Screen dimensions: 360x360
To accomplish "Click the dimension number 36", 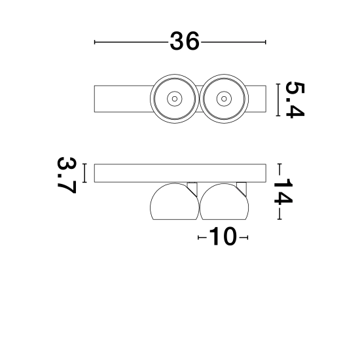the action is click(185, 41).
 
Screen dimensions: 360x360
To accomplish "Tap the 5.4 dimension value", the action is click(295, 100).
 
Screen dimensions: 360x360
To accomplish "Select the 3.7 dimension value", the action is click(67, 175).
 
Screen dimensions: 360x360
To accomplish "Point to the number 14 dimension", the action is click(283, 191).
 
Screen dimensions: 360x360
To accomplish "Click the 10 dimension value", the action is click(223, 236).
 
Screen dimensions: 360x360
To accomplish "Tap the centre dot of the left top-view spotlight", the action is click(175, 99).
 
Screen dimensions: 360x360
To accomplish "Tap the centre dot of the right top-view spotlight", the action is click(224, 99).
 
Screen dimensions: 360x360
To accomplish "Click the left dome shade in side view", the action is click(175, 202).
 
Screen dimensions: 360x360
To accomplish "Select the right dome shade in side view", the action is click(224, 202).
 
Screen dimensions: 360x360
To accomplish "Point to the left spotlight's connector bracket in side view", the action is click(192, 189).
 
